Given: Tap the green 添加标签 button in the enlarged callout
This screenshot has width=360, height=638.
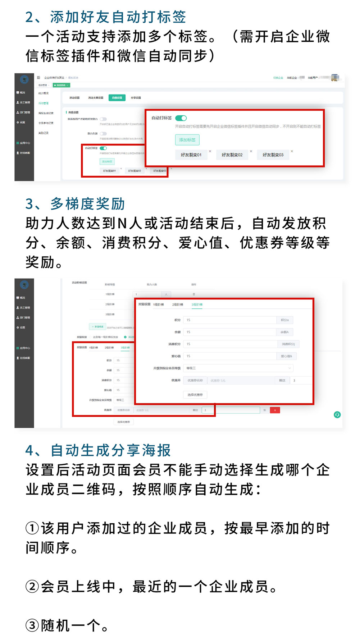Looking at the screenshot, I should click(x=187, y=140).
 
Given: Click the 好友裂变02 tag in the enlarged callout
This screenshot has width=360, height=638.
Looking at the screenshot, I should click(x=232, y=155).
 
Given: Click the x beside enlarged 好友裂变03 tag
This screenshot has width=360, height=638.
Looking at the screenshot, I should click(x=292, y=151).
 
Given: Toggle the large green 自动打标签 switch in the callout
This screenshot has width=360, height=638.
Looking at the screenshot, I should click(x=181, y=118).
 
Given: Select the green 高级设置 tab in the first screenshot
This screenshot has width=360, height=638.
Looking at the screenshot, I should click(x=117, y=98).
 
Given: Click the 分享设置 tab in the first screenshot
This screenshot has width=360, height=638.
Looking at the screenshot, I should click(x=136, y=98).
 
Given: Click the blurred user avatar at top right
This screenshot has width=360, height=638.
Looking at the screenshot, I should click(x=335, y=78).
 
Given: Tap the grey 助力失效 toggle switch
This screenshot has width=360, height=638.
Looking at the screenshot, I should click(x=103, y=134).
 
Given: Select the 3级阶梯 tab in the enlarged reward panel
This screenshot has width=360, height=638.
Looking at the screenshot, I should click(x=197, y=304).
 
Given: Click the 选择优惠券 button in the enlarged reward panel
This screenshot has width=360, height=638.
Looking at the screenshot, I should click(x=195, y=395).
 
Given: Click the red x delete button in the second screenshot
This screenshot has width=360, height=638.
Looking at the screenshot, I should click(x=275, y=410).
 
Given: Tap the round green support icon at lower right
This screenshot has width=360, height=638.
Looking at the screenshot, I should click(x=337, y=414).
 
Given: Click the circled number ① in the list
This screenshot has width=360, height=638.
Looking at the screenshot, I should click(x=32, y=528).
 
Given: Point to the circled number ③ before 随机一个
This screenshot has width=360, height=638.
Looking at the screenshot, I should click(x=32, y=625).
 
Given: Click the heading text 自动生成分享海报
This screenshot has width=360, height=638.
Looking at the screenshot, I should click(x=110, y=450).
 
